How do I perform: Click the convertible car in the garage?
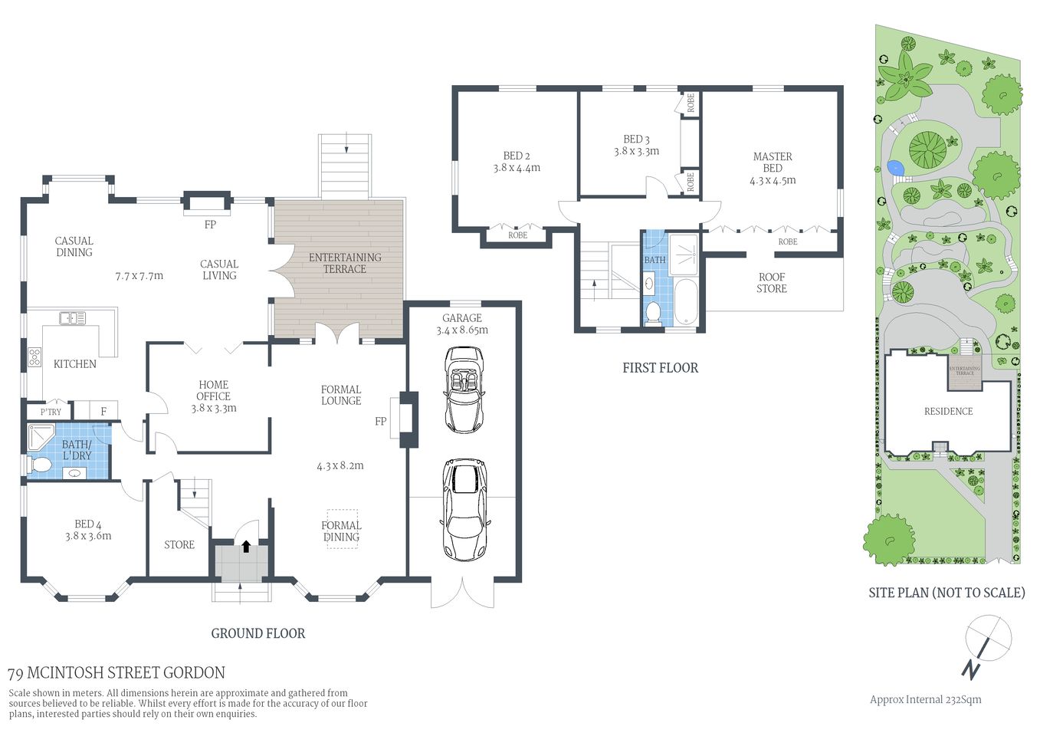pyautogui.click(x=464, y=389)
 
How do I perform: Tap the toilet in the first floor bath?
pyautogui.click(x=653, y=312)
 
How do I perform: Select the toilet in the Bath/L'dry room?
pyautogui.click(x=41, y=465)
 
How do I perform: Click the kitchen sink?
pyautogui.click(x=73, y=317)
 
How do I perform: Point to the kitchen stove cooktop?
pyautogui.click(x=35, y=356)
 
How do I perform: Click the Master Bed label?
pyautogui.click(x=773, y=163)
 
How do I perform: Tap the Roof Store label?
pyautogui.click(x=772, y=283)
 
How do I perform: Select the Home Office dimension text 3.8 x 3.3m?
pyautogui.click(x=214, y=409)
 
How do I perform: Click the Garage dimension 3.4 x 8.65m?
pyautogui.click(x=462, y=330)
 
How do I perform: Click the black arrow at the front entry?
pyautogui.click(x=246, y=547)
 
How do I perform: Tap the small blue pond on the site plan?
pyautogui.click(x=894, y=166)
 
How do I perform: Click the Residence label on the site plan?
pyautogui.click(x=948, y=412)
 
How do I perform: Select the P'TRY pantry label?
pyautogui.click(x=51, y=412)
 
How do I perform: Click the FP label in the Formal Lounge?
pyautogui.click(x=381, y=422)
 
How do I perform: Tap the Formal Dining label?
pyautogui.click(x=341, y=531)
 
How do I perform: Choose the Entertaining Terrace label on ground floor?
pyautogui.click(x=345, y=263)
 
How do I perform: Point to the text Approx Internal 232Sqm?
pyautogui.click(x=925, y=699)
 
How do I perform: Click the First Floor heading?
pyautogui.click(x=660, y=368)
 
